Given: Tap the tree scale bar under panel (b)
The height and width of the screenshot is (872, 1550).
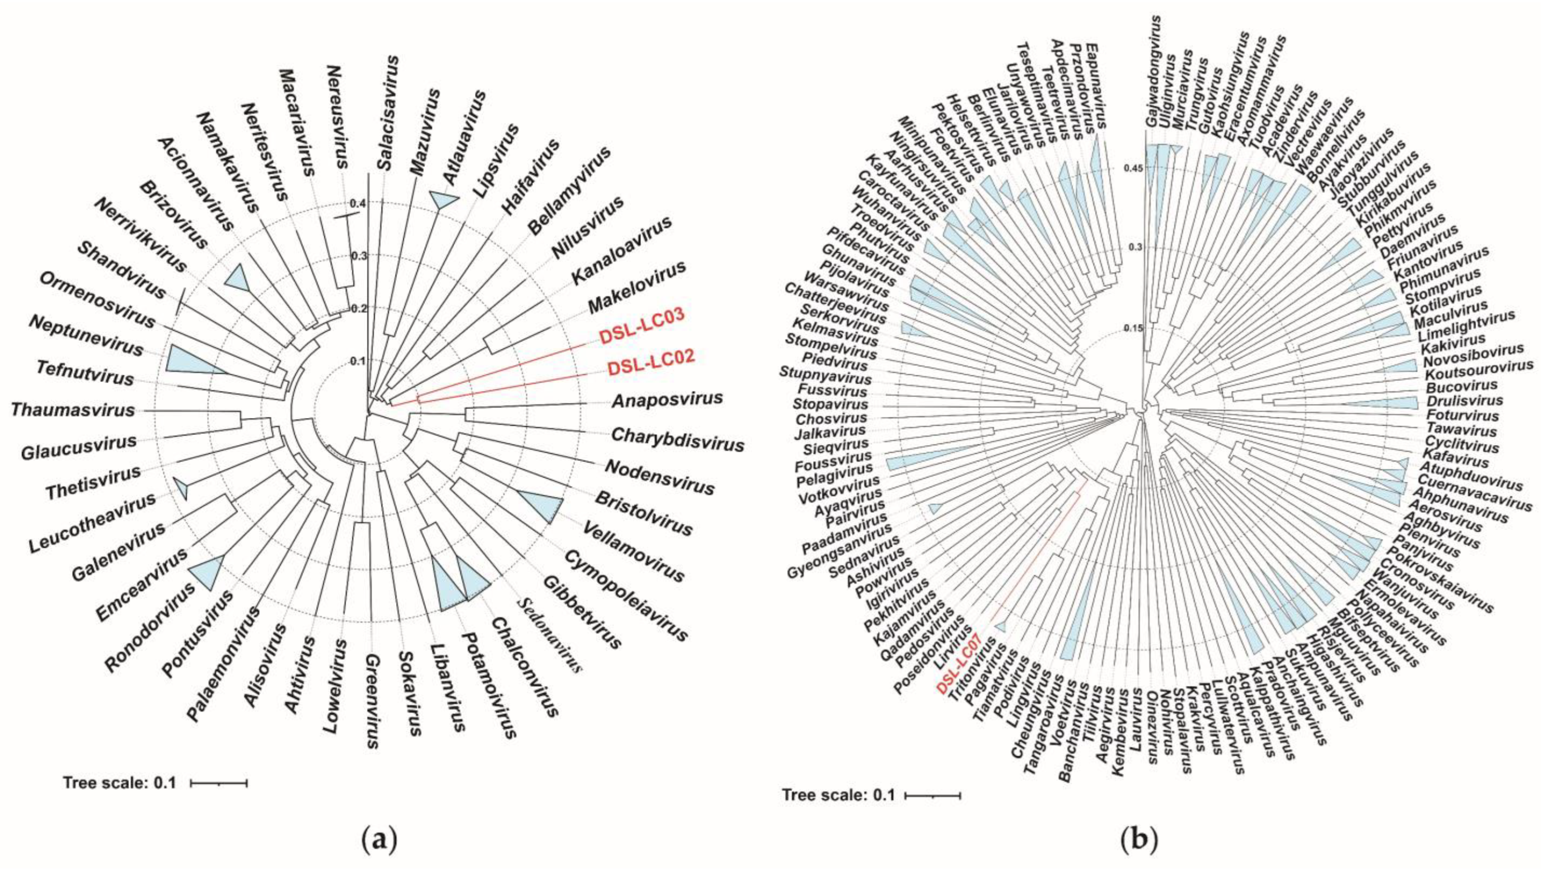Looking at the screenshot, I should [933, 795].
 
